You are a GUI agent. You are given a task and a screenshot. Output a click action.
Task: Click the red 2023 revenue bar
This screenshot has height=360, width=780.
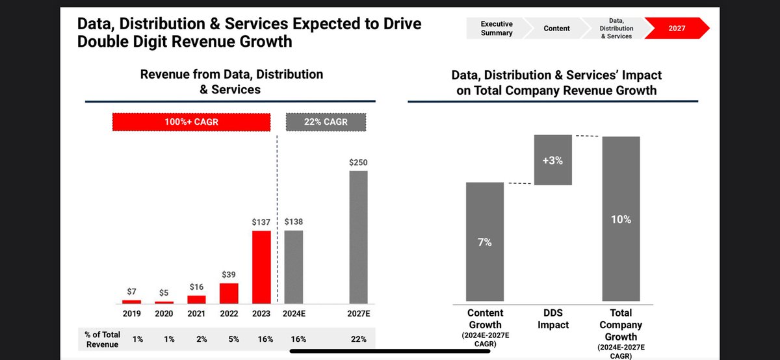(x=261, y=267)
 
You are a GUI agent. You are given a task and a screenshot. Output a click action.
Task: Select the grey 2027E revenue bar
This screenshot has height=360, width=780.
(x=358, y=237)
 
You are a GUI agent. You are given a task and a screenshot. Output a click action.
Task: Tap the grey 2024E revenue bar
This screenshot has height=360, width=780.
(x=294, y=267)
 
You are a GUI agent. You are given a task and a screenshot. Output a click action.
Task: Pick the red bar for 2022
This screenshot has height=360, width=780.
(x=229, y=293)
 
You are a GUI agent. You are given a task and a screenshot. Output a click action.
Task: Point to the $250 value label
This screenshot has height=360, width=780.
(x=358, y=162)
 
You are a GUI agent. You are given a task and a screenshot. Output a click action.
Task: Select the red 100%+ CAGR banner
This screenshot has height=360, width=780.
(x=191, y=122)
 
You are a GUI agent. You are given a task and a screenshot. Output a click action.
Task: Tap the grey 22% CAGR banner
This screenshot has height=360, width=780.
(x=326, y=122)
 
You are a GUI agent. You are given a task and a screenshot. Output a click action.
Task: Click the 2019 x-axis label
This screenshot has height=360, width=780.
(x=132, y=313)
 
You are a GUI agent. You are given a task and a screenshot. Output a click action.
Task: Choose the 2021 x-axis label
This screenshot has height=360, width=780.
(x=196, y=313)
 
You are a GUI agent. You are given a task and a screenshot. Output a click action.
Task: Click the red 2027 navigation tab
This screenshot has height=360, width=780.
(x=677, y=29)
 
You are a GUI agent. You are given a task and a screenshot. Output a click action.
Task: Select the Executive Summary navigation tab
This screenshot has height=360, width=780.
(x=497, y=29)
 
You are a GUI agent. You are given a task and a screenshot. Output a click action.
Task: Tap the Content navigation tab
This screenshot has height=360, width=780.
(x=556, y=29)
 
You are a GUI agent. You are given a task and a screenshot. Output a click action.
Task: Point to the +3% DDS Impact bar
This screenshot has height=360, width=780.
(x=553, y=160)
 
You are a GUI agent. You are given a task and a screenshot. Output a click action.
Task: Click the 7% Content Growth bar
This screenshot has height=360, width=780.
(x=485, y=242)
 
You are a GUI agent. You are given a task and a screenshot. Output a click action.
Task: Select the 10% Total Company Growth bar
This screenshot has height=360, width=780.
(x=621, y=220)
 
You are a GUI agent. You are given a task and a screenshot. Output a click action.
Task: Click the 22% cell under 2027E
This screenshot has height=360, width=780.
(x=358, y=339)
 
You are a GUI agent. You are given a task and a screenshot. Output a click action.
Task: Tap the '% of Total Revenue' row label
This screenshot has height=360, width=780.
(x=103, y=339)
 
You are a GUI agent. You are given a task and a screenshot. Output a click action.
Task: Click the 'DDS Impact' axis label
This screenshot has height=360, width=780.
(x=553, y=319)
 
